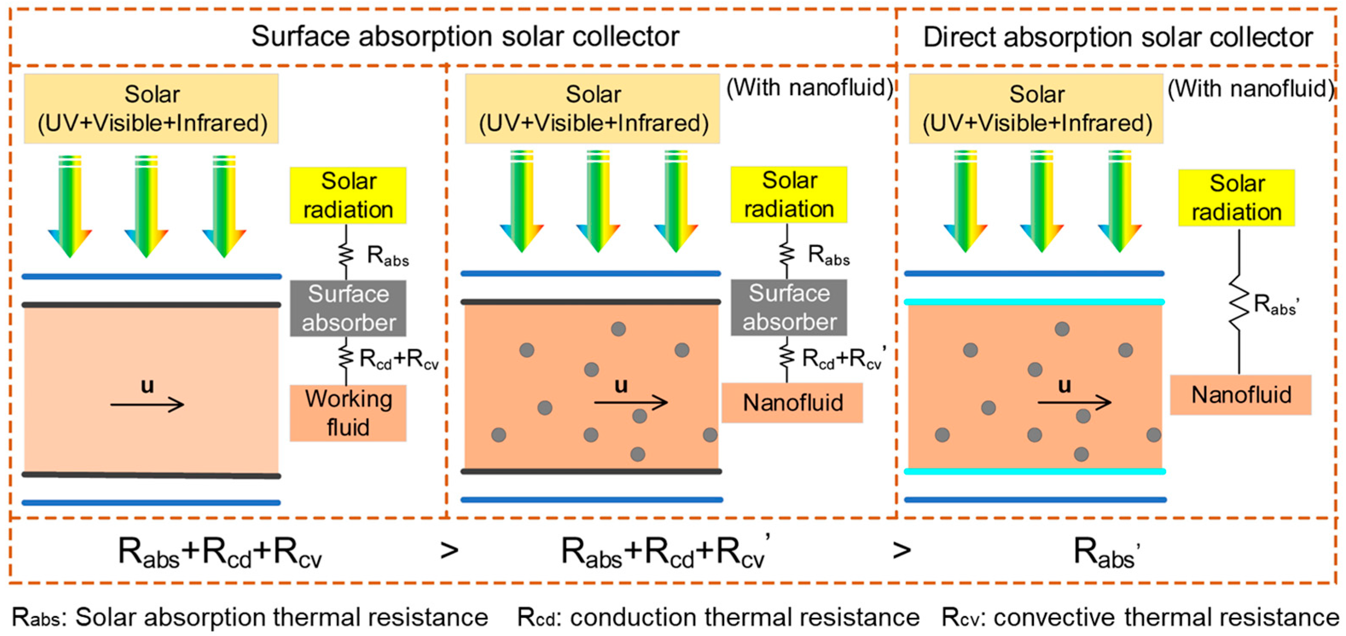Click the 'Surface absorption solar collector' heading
point(465,37)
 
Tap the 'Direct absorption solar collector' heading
point(1118,38)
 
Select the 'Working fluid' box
point(348,413)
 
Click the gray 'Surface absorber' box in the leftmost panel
point(348,308)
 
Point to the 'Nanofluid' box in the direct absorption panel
point(1241,395)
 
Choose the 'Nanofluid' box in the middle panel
point(792,402)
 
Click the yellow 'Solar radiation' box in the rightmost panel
point(1236,198)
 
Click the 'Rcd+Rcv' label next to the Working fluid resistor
point(399,359)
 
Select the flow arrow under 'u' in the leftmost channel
point(147,404)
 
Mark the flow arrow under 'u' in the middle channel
point(631,402)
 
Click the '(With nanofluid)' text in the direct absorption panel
point(1250,88)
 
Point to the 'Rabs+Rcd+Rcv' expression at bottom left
point(220,552)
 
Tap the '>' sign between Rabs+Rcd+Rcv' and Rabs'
point(902,550)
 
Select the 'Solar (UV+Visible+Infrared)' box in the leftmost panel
point(151,109)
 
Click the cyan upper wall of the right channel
point(1035,302)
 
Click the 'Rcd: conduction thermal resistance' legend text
point(718,618)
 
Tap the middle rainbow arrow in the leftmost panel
point(146,206)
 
